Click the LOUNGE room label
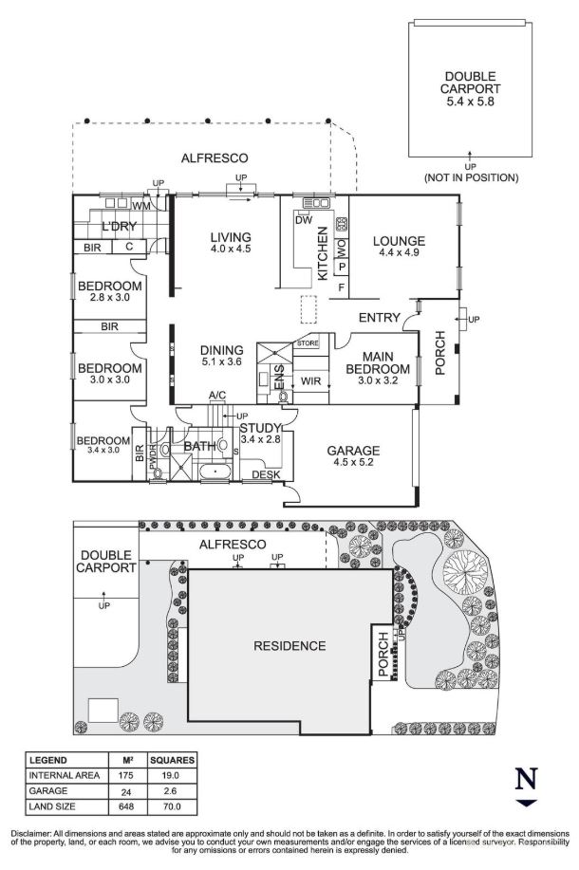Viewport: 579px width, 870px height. (399, 241)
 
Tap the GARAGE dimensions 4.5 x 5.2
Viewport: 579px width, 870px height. (353, 462)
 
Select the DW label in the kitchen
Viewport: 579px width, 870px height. (304, 220)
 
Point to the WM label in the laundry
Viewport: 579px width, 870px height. (141, 206)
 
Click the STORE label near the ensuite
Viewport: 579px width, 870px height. (308, 343)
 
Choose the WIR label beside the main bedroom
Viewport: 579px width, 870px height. (311, 381)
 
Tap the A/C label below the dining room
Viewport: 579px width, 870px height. (217, 395)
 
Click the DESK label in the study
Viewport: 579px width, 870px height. (266, 475)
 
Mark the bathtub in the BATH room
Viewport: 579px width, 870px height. (215, 472)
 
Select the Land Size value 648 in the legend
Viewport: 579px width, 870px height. (126, 806)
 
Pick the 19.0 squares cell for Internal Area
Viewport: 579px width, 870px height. (171, 775)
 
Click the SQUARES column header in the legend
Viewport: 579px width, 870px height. (172, 760)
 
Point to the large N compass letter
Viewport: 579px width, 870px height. (526, 779)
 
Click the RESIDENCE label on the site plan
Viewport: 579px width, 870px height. (289, 646)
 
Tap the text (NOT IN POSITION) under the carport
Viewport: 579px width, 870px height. (472, 177)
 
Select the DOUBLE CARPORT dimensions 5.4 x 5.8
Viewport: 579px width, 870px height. (470, 101)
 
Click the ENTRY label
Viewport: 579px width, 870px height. (379, 318)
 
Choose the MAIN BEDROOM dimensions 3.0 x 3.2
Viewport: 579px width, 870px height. (378, 380)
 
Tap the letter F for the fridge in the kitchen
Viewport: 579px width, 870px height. (342, 287)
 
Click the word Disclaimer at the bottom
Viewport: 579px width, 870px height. (31, 834)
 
